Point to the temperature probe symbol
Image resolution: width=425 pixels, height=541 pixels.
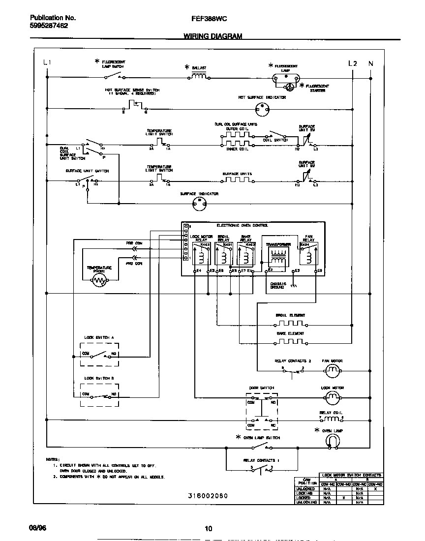pos(100,281)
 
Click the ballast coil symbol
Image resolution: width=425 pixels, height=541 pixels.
pos(199,76)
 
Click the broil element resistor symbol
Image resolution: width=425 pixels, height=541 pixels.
pos(290,324)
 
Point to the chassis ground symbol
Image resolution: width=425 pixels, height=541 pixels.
pos(294,285)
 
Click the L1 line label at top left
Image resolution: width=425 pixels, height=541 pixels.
pos(47,62)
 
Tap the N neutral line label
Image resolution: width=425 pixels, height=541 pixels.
pos(370,63)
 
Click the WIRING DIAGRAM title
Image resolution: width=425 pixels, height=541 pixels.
pos(212,36)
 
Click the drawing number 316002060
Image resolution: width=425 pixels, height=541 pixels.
pos(208,496)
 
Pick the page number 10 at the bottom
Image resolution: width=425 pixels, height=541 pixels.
pos(208,529)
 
